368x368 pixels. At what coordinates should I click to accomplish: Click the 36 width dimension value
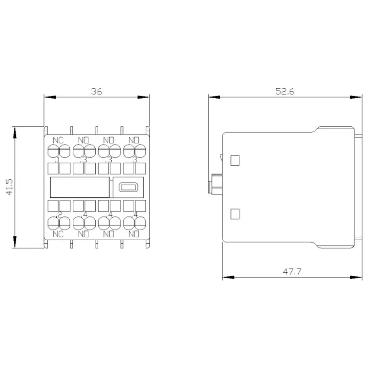pos(97,91)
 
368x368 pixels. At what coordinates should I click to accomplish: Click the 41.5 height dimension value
pos(10,187)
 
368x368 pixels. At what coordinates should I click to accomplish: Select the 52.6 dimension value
pos(285,91)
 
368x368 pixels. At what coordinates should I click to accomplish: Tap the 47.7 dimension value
pos(292,271)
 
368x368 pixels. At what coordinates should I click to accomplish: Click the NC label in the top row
pos(58,140)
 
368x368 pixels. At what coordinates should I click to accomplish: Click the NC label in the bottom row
pos(58,234)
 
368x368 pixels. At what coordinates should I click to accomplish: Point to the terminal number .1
pos(58,160)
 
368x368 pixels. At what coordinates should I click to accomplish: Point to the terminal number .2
pos(60,214)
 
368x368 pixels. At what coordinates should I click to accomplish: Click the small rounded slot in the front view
pos(128,187)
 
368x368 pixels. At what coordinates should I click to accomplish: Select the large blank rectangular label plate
pos(80,187)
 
